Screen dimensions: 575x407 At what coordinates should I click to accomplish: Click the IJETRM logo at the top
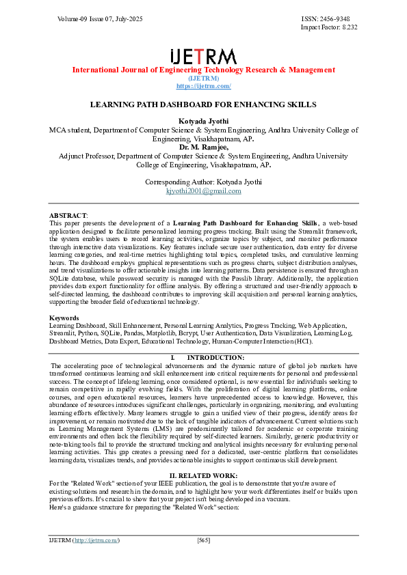coord(203,56)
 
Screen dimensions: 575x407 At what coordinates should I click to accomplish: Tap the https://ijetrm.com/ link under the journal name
coord(203,86)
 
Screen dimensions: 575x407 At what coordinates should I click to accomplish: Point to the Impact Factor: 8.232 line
coord(329,27)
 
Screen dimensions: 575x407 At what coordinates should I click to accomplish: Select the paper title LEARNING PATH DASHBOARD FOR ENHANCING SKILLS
coord(203,105)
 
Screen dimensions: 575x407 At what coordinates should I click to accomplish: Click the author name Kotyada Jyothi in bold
coord(203,121)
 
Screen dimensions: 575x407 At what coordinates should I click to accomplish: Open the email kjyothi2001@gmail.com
coord(203,191)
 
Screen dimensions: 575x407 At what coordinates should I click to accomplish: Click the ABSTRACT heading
coord(68,215)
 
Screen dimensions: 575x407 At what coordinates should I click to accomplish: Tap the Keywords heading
coord(65,318)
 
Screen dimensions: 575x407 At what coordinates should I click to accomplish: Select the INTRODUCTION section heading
coord(215,357)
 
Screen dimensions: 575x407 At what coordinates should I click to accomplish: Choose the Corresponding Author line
coord(203,182)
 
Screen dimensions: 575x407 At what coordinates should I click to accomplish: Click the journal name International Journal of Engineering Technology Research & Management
coord(203,70)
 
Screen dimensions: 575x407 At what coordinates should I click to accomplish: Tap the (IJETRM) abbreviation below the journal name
coord(203,78)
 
